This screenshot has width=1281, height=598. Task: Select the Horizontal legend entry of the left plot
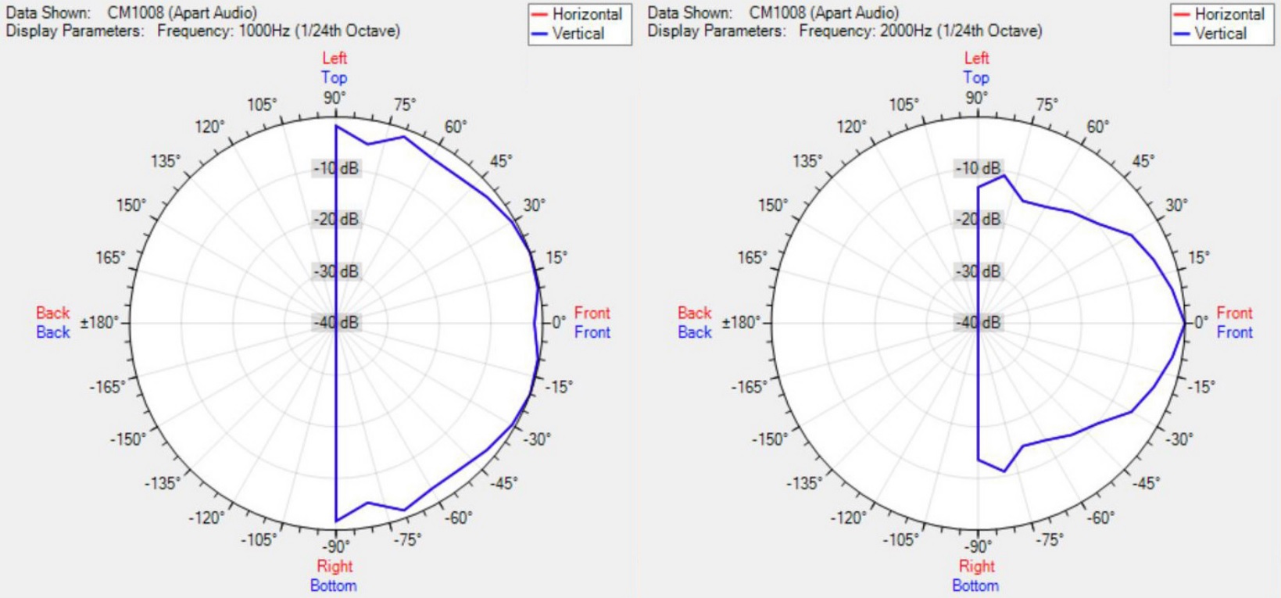point(586,14)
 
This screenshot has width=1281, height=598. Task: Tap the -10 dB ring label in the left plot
point(337,168)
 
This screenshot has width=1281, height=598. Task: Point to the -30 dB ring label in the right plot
point(979,271)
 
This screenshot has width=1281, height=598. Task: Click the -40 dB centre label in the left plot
point(337,322)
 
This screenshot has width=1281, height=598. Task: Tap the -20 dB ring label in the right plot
point(979,220)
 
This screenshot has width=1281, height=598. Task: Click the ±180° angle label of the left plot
point(100,322)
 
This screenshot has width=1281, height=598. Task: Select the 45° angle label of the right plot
point(1143,161)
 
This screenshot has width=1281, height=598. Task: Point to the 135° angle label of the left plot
point(166,161)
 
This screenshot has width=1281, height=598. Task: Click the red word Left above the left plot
point(335,58)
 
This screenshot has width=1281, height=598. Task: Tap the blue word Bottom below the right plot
point(975,585)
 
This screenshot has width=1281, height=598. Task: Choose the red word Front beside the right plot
point(1234,313)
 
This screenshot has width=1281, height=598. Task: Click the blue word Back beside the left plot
point(53,332)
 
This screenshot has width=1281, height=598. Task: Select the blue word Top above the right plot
point(976,77)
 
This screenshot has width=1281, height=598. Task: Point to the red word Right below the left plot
point(335,566)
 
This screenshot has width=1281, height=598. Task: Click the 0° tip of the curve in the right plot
point(1185,322)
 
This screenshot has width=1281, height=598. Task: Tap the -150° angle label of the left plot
point(128,439)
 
